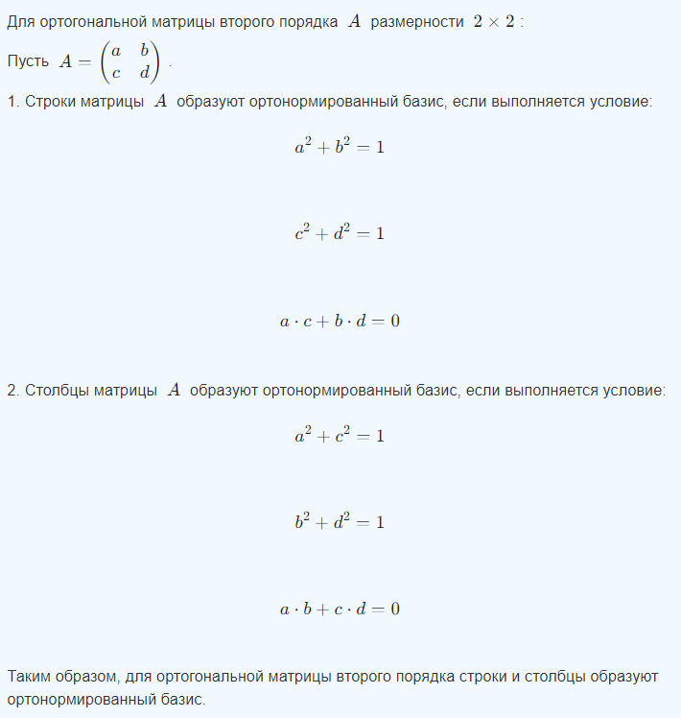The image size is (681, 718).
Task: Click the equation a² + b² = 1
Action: tap(340, 147)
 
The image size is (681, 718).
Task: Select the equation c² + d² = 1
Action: tap(340, 233)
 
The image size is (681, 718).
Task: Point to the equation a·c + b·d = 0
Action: tap(340, 321)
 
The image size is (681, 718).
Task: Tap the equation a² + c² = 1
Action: tap(340, 435)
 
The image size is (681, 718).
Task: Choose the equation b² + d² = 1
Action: tap(340, 522)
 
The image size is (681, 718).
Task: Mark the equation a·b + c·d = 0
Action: tap(340, 610)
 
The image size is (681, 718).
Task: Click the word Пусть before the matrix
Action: tap(28, 61)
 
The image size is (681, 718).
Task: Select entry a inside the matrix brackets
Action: tap(116, 50)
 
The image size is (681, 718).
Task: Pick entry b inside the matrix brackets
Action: tap(145, 49)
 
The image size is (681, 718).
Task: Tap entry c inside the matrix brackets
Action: tap(116, 72)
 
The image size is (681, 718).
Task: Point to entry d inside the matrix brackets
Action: tap(145, 72)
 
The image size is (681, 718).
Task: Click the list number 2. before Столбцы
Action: tap(12, 390)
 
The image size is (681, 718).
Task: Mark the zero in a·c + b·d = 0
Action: tap(394, 321)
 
